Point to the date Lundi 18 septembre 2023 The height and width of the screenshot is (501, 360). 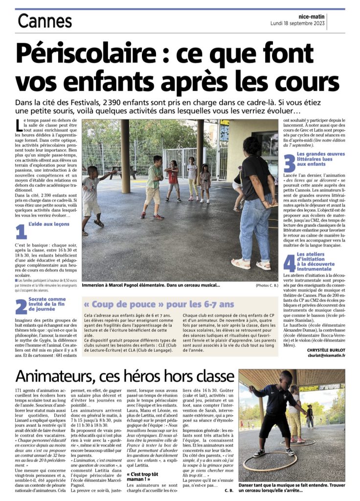[x=297, y=23]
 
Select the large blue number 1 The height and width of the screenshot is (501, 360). [x=21, y=232]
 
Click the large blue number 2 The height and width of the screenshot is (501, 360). [x=21, y=306]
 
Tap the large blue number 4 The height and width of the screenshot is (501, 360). [x=289, y=262]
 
